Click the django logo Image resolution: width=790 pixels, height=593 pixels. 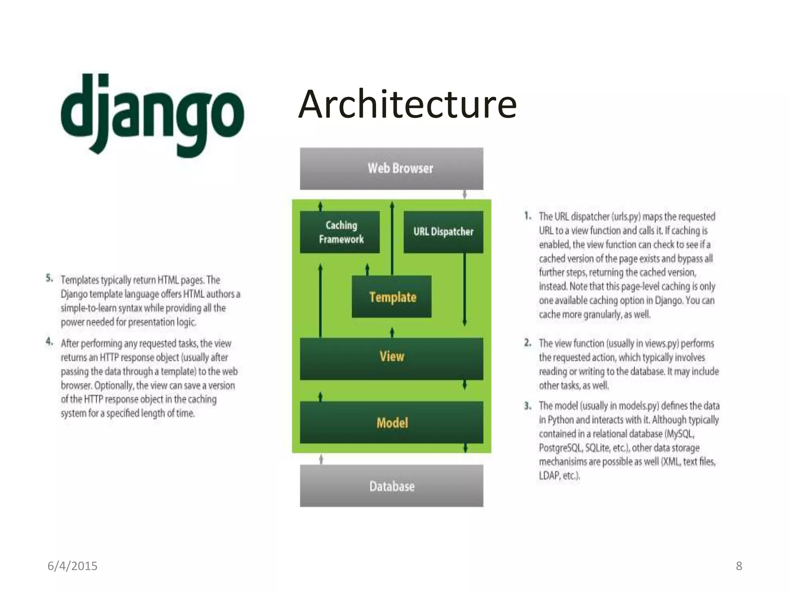point(152,115)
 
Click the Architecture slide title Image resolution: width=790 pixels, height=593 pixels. point(407,104)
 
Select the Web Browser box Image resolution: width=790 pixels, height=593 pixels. point(392,168)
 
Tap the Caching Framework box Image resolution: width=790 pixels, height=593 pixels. point(340,232)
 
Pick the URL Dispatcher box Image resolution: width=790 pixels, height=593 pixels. point(443,232)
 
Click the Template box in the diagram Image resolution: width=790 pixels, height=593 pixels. point(392,297)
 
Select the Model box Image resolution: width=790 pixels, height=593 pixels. point(392,422)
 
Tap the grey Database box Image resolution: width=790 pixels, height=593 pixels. point(392,486)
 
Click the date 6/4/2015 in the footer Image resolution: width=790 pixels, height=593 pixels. point(73,566)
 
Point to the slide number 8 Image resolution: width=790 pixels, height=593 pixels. point(739,566)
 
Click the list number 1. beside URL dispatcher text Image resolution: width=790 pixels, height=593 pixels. point(528,216)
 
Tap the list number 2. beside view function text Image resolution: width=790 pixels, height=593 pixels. point(528,343)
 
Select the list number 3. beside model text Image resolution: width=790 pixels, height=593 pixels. point(528,406)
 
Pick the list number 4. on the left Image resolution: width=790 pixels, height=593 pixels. point(49,342)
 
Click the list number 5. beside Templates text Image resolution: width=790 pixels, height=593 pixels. point(49,278)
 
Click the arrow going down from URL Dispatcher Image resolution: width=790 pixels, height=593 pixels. point(465,290)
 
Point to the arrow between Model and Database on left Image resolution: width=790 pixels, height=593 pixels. point(321,459)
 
